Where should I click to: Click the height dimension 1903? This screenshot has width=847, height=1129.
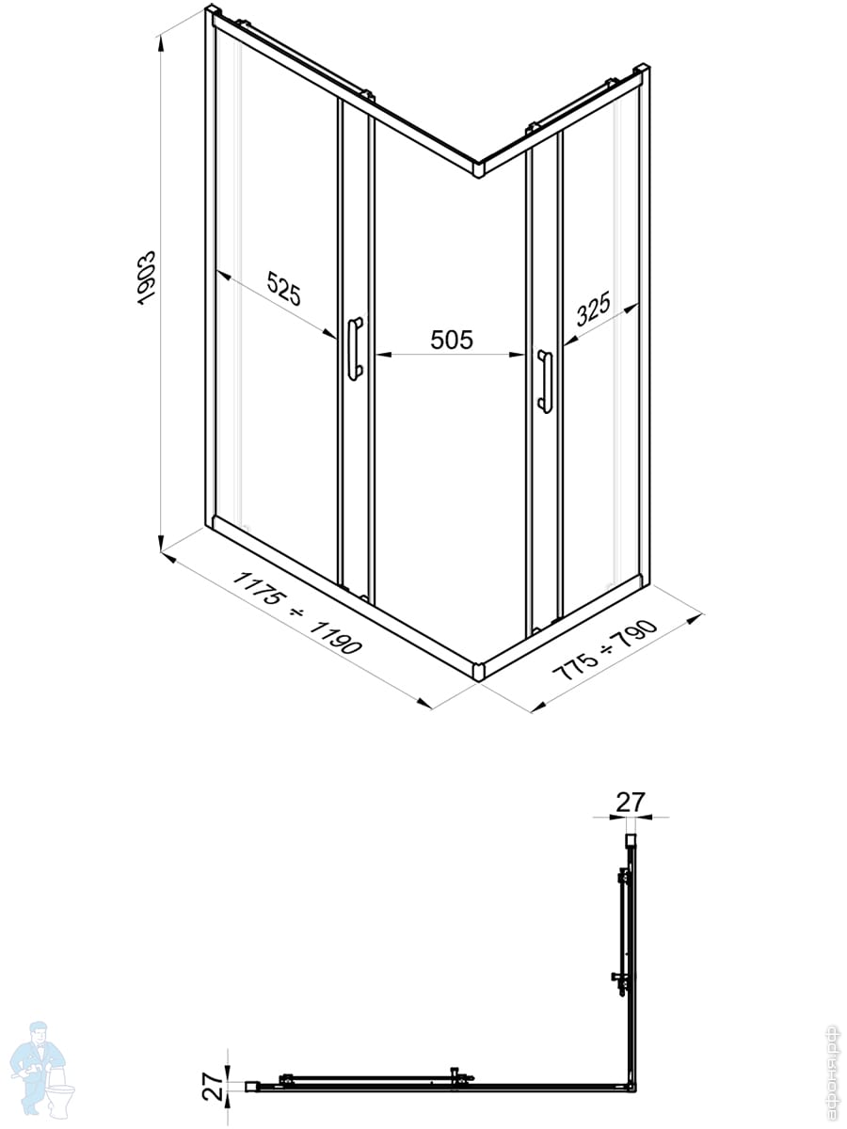point(146,277)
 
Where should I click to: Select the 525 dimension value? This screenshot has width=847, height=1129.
point(283,288)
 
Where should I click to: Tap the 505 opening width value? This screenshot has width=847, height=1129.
point(451,340)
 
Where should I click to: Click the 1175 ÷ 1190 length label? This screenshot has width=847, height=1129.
point(296,612)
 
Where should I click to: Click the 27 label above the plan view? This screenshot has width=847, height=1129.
point(631,802)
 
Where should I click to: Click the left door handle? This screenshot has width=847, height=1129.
point(354,348)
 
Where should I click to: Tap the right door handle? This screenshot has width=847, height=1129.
point(544,381)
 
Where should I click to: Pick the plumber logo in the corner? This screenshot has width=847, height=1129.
point(42,1068)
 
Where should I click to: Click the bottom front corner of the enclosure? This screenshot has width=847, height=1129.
point(477,670)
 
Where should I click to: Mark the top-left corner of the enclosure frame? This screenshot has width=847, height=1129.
point(211,14)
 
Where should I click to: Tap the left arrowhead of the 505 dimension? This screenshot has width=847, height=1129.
point(381,355)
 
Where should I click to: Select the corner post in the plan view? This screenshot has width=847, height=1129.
point(630,1087)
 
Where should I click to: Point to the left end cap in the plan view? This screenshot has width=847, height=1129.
point(252,1087)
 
